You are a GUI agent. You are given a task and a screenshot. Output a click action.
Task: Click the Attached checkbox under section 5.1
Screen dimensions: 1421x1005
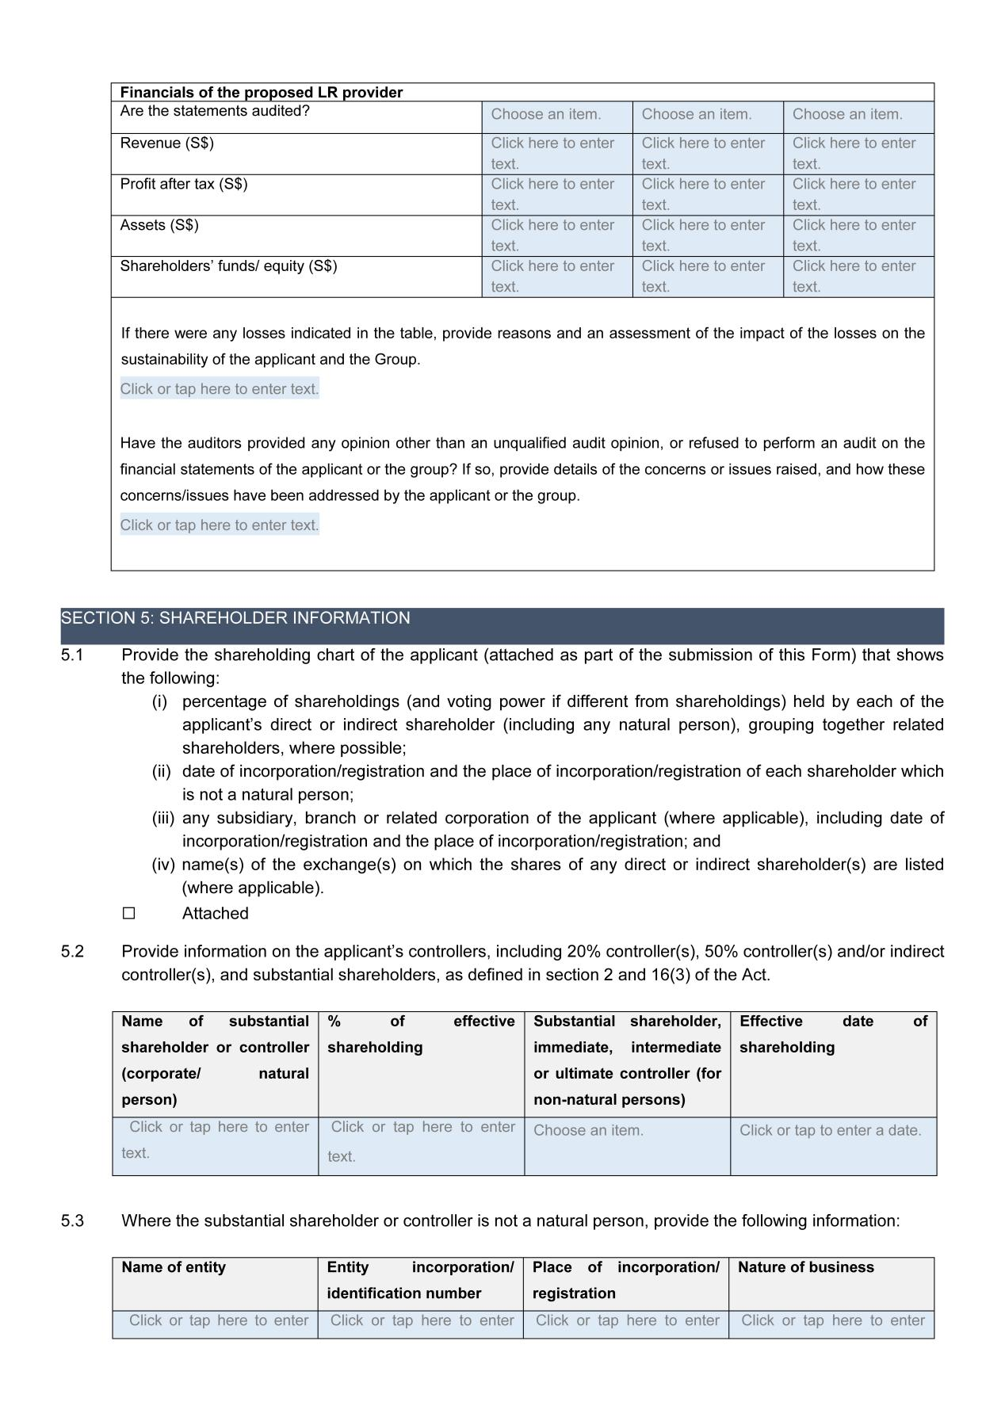129,913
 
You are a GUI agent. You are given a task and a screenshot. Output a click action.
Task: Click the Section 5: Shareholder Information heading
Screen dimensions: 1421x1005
235,618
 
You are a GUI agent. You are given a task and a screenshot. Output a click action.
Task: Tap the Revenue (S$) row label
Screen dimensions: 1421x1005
166,143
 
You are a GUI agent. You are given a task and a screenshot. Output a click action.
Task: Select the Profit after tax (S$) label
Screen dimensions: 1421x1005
183,185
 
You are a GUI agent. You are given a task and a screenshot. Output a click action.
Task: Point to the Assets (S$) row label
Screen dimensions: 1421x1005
159,226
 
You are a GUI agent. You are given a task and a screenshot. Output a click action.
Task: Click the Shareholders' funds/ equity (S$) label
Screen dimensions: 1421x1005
228,266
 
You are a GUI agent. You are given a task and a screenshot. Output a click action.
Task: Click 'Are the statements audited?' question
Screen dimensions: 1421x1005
215,111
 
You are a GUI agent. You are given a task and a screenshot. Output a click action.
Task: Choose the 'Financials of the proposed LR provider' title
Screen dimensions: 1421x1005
261,93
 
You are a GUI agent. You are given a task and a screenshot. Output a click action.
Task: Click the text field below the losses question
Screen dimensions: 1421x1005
220,389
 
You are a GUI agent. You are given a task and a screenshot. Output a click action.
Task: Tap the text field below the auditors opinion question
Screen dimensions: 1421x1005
220,525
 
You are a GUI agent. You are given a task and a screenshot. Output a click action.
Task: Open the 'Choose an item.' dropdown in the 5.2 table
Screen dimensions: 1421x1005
588,1131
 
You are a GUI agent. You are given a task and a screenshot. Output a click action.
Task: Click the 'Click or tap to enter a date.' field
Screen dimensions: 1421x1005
830,1131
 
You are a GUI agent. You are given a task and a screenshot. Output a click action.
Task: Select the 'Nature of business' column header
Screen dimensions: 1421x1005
805,1267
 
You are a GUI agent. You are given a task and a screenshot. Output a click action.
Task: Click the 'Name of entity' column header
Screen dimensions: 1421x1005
173,1267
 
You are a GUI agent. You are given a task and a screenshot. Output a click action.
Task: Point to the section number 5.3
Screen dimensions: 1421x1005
72,1220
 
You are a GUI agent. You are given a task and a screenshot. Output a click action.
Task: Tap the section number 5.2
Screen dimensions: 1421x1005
72,951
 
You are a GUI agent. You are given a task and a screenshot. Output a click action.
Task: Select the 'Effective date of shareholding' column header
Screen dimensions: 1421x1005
832,1034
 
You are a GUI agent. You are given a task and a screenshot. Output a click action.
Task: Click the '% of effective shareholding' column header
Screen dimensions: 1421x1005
420,1034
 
